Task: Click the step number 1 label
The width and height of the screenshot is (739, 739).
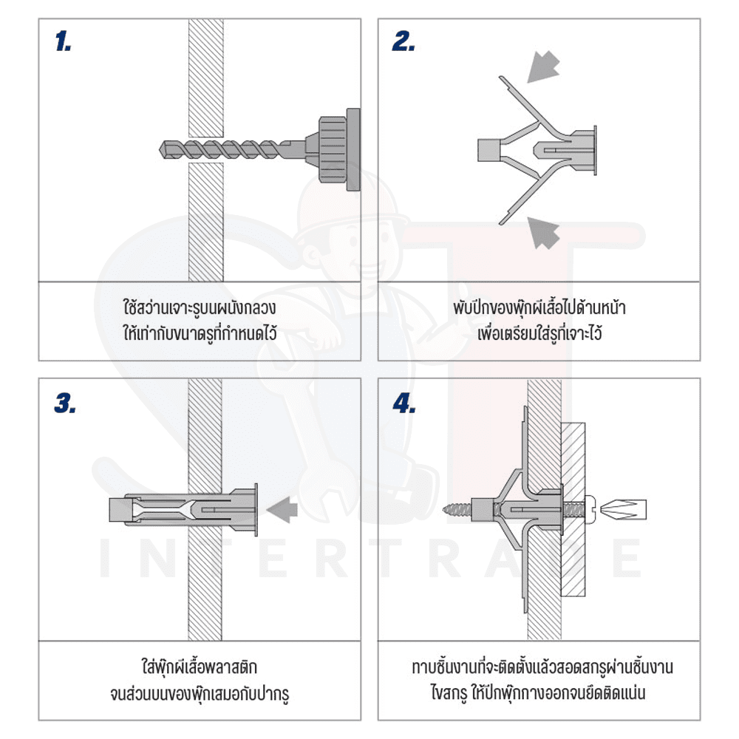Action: click(x=63, y=41)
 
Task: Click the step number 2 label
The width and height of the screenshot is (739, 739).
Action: click(x=404, y=41)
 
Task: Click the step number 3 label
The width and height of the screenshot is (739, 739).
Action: click(x=65, y=403)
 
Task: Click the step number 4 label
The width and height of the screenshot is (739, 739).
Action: click(x=404, y=403)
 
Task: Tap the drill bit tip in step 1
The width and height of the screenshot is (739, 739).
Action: click(x=161, y=149)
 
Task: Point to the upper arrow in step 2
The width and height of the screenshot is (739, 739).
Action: click(x=543, y=67)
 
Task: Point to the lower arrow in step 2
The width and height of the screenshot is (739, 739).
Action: click(x=543, y=232)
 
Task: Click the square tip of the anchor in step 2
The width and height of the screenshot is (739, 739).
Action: click(x=488, y=150)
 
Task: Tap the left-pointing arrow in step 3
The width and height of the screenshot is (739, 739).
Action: click(x=282, y=509)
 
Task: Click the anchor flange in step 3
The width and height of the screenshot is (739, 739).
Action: click(x=256, y=509)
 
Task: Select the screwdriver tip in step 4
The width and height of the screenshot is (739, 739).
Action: click(x=625, y=509)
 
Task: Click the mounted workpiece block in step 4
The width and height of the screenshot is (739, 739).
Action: click(x=573, y=509)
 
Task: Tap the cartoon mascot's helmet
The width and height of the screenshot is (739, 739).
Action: click(x=348, y=202)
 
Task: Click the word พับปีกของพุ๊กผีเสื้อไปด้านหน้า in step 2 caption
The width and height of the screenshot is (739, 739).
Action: click(x=539, y=307)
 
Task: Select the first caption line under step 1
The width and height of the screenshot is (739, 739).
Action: click(x=200, y=307)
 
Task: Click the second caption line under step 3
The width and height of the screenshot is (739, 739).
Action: click(x=200, y=693)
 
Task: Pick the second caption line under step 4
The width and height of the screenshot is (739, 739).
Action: click(x=538, y=693)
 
